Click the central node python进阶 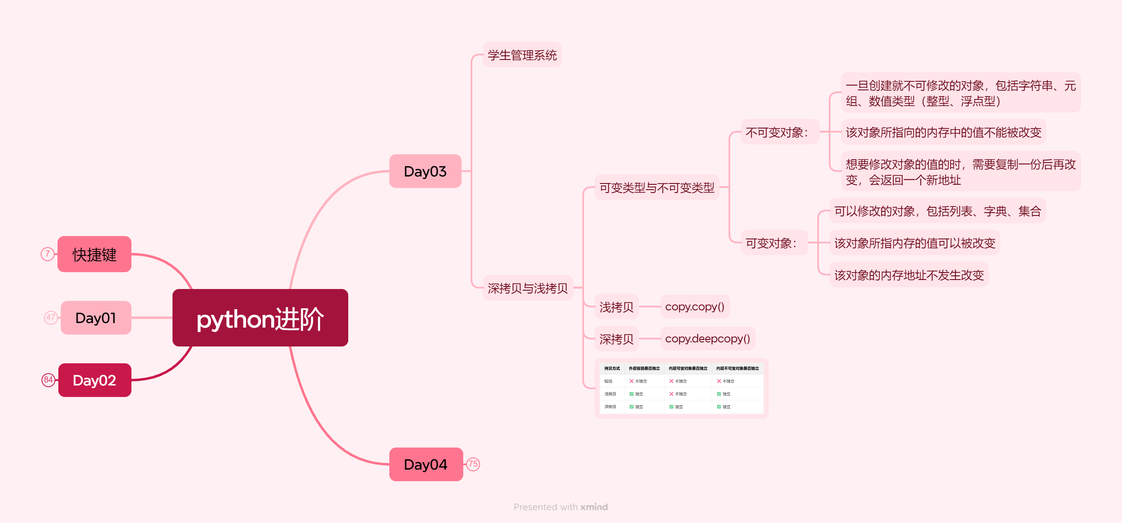[260, 318]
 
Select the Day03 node [425, 171]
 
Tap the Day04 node [425, 464]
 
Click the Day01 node [96, 318]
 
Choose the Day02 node [94, 380]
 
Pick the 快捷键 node [94, 254]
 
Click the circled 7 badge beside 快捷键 [48, 254]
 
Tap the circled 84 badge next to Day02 [48, 380]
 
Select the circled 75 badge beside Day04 [473, 464]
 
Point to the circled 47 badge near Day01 [51, 317]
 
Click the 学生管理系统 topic [522, 55]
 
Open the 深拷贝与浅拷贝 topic [527, 288]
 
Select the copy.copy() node [694, 307]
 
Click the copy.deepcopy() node [707, 338]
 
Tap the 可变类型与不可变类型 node [656, 188]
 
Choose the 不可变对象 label [777, 132]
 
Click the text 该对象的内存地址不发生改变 [908, 275]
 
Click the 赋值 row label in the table [608, 381]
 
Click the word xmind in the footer [594, 507]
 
